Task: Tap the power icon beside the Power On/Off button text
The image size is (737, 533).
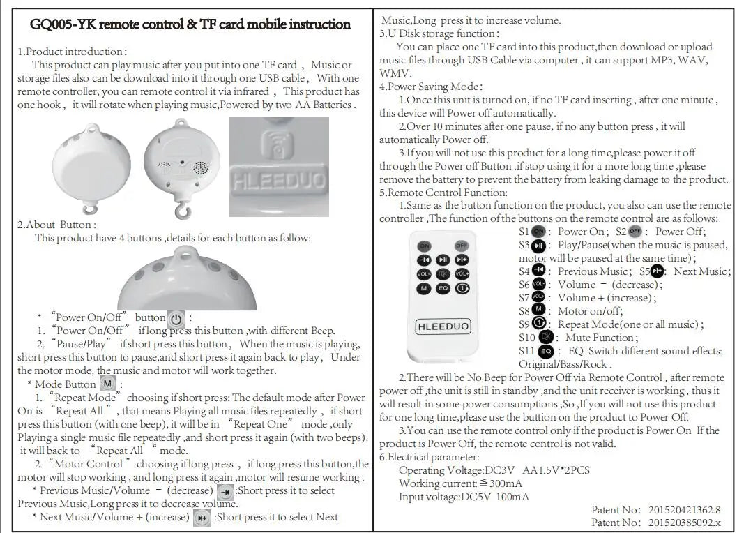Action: pos(177,319)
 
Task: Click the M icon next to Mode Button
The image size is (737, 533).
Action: pos(107,384)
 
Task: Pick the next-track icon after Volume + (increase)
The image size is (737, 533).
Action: pos(202,518)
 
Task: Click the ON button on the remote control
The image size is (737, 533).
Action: pos(424,246)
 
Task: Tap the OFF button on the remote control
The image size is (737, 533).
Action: pos(462,246)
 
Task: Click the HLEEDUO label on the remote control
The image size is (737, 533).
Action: pos(443,326)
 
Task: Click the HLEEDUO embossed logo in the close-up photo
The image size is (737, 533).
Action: pos(278,180)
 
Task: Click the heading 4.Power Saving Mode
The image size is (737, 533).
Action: pos(430,87)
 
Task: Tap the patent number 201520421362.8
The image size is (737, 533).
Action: pos(684,510)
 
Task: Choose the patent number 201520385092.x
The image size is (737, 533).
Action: pos(684,523)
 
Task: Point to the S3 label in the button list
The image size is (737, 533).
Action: pos(524,246)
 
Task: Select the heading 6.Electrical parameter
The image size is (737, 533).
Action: pos(429,457)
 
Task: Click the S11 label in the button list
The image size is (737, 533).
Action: pos(527,351)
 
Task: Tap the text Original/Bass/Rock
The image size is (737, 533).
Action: pos(564,364)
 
